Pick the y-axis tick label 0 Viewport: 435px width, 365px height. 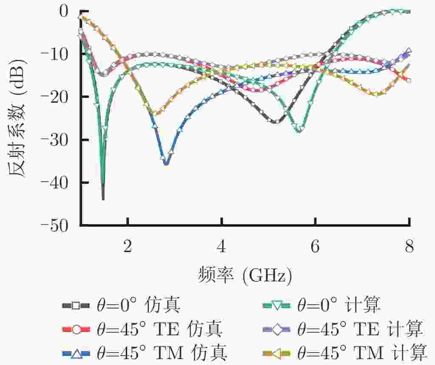coord(63,11)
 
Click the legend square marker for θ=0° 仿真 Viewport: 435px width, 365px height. coord(75,305)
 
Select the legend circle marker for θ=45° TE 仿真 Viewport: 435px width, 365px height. coord(75,329)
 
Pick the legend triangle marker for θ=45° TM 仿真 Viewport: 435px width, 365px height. coord(75,353)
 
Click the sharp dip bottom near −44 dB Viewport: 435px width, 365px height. coord(103,199)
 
